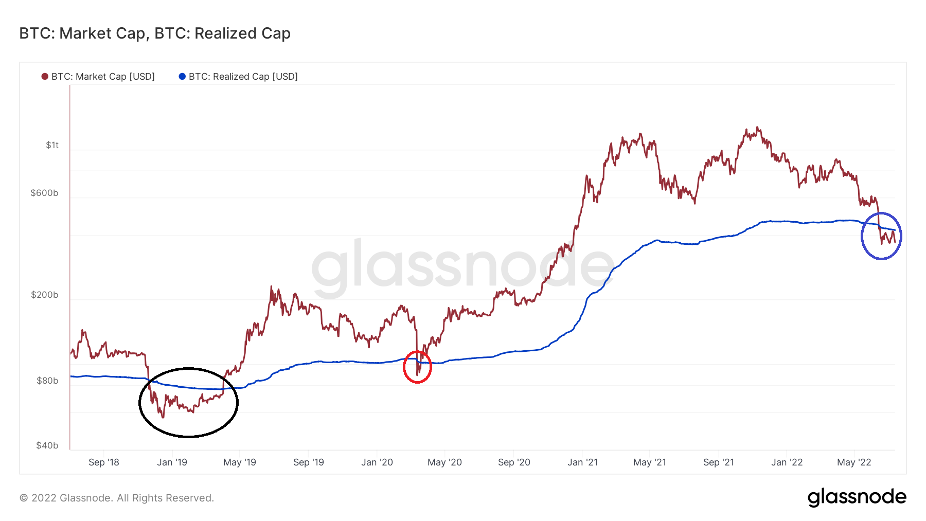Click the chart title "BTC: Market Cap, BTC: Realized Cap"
click(155, 33)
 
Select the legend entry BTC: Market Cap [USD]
click(102, 77)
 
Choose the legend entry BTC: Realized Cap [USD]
click(243, 77)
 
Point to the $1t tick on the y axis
click(52, 145)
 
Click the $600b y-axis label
click(44, 193)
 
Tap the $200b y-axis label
click(44, 295)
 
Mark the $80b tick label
click(47, 381)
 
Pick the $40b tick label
click(47, 445)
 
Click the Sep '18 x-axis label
click(103, 462)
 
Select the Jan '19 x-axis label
click(172, 462)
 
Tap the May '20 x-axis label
click(444, 462)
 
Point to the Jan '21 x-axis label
click(582, 462)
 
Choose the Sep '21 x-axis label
click(718, 462)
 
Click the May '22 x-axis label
click(853, 462)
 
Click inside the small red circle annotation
click(417, 367)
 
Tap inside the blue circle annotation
click(881, 236)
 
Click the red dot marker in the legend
click(45, 77)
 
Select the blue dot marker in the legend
click(182, 77)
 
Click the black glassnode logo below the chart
click(857, 497)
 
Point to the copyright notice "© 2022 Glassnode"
click(117, 498)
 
